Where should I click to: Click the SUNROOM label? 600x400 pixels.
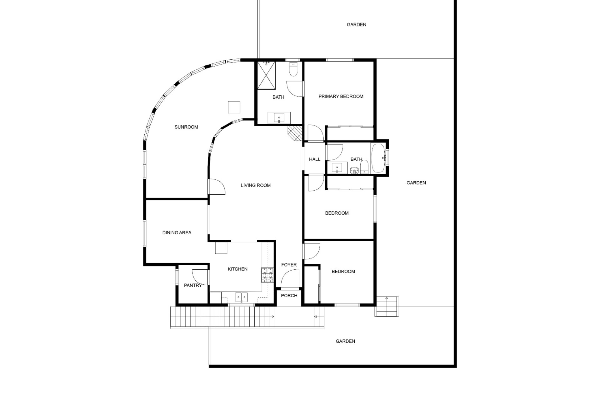click(x=186, y=127)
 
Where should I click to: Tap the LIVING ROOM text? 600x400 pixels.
click(x=256, y=185)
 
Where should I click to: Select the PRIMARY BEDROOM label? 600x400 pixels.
click(x=341, y=97)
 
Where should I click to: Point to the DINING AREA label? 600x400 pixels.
click(x=177, y=232)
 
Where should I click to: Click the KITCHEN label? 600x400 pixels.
click(x=237, y=269)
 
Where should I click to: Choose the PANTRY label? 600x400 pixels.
click(x=193, y=285)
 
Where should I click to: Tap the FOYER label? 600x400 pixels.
click(x=289, y=265)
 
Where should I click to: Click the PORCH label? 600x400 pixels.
click(x=289, y=296)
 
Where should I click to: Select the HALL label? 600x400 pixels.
click(x=315, y=159)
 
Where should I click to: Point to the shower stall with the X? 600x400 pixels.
click(x=266, y=76)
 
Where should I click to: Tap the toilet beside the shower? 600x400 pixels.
click(x=293, y=70)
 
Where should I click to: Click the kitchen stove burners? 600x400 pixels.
click(x=267, y=275)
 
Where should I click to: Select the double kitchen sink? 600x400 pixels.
click(x=241, y=297)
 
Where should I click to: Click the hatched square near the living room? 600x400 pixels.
click(x=295, y=133)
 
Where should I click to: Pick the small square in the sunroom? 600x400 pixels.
click(x=234, y=107)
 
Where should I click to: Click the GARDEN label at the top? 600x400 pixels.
click(x=357, y=25)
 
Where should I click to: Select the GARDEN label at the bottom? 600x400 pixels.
click(x=345, y=341)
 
